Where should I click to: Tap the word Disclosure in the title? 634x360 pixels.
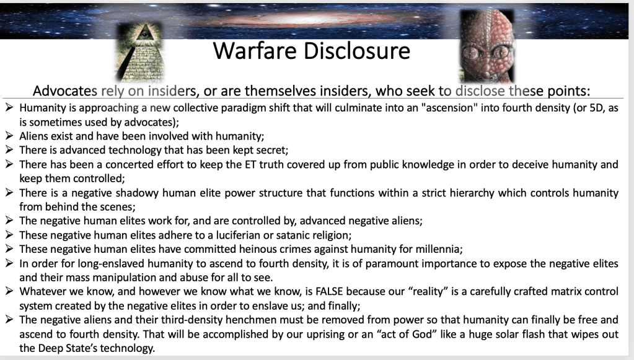tap(357, 51)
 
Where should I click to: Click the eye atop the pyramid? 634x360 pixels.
tap(143, 33)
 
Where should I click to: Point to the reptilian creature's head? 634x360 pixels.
tap(487, 46)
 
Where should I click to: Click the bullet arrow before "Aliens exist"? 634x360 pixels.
tap(9, 136)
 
